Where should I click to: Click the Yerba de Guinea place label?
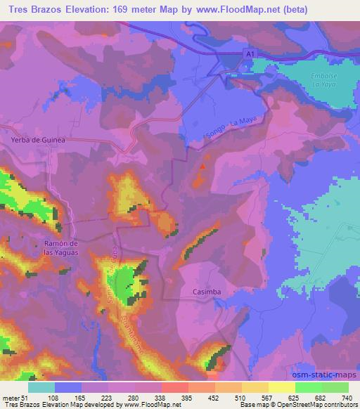tap(39, 140)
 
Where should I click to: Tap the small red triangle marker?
tap(203, 167)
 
